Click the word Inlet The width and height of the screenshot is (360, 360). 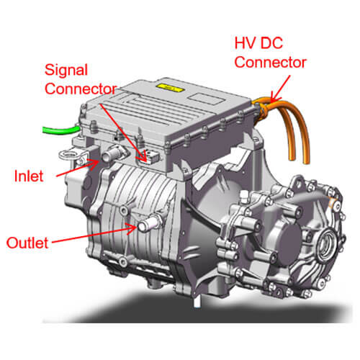[x=29, y=176]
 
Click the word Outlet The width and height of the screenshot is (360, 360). [x=27, y=243]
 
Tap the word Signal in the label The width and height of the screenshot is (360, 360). [x=66, y=71]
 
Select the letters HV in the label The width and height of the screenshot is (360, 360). [x=245, y=43]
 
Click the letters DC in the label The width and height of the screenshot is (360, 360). [x=271, y=43]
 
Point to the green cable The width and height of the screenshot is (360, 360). [x=61, y=130]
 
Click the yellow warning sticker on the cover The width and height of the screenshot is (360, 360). [x=170, y=88]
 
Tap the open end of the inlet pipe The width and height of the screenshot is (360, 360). [x=106, y=157]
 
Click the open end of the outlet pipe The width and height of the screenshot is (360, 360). [x=142, y=226]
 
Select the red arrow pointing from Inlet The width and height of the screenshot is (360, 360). [x=77, y=168]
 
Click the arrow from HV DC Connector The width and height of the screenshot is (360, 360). [x=280, y=89]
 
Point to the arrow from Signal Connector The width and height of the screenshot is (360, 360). [x=123, y=132]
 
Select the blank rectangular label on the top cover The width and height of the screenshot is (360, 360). [x=206, y=98]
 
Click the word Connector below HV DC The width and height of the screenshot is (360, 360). [x=270, y=63]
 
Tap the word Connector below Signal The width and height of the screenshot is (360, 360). [x=81, y=89]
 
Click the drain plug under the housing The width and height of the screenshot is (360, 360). [x=197, y=302]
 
